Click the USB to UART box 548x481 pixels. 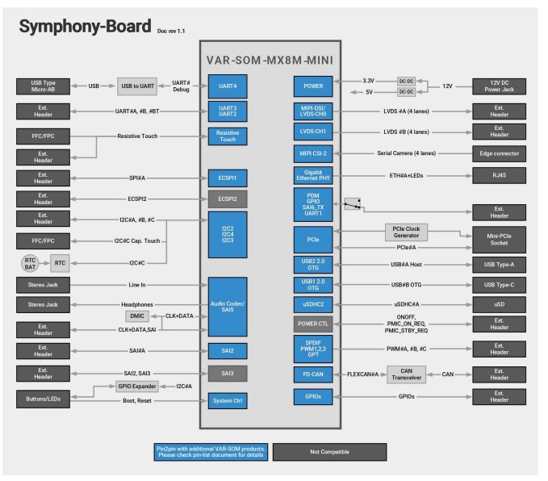[x=137, y=86]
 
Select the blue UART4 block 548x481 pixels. [x=228, y=86]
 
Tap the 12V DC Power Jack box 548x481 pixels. [x=499, y=86]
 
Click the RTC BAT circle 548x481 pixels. [x=30, y=264]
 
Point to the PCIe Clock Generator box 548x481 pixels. [x=406, y=232]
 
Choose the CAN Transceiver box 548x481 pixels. [x=406, y=374]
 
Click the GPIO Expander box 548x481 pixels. [x=137, y=387]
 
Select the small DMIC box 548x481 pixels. [x=137, y=316]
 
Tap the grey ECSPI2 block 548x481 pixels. [x=228, y=199]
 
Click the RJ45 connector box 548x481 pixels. [x=499, y=175]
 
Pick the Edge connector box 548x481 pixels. [x=499, y=154]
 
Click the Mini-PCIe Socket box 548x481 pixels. [x=499, y=240]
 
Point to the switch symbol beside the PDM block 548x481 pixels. [x=352, y=204]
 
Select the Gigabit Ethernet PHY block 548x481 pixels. [x=313, y=175]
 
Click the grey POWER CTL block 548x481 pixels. [x=313, y=324]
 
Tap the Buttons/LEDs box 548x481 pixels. [x=43, y=399]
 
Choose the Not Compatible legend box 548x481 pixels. [x=329, y=452]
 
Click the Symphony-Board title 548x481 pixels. [x=85, y=27]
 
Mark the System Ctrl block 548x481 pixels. [x=228, y=401]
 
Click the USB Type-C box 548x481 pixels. [x=499, y=285]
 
